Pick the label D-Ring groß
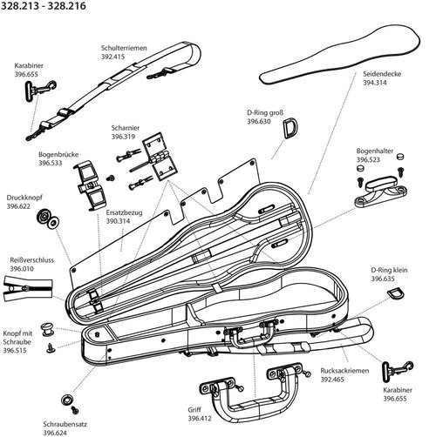[265, 112]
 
